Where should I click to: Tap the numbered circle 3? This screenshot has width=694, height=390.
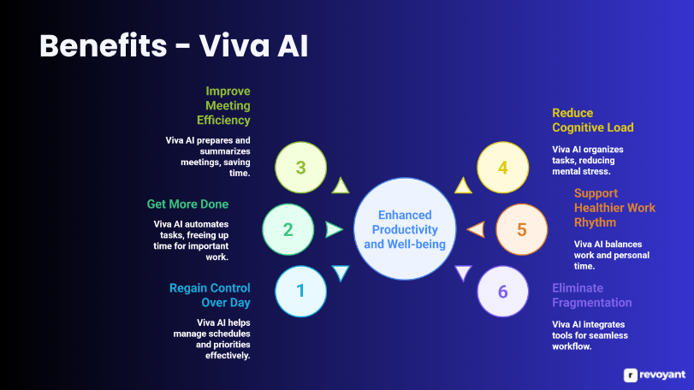[x=301, y=167]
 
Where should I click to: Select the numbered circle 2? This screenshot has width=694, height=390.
[x=288, y=229]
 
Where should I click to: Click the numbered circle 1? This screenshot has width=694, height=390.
[x=300, y=291]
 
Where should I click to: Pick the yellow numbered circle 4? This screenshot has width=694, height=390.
[x=503, y=167]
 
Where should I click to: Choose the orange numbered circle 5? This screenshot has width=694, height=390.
[x=522, y=229]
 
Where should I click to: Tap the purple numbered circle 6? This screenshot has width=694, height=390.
[x=503, y=292]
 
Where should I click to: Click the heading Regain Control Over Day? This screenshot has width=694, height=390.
[x=210, y=295]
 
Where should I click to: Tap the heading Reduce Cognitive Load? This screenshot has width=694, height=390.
[x=592, y=120]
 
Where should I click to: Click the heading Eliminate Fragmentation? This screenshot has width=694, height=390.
[x=591, y=295]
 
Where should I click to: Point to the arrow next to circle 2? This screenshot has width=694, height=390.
[x=333, y=229]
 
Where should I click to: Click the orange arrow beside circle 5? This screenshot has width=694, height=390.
[x=476, y=229]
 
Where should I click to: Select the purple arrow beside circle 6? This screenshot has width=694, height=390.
[x=463, y=273]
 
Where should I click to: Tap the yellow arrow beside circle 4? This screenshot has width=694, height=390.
[x=463, y=186]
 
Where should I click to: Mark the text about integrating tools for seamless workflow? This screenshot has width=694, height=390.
[x=590, y=335]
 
